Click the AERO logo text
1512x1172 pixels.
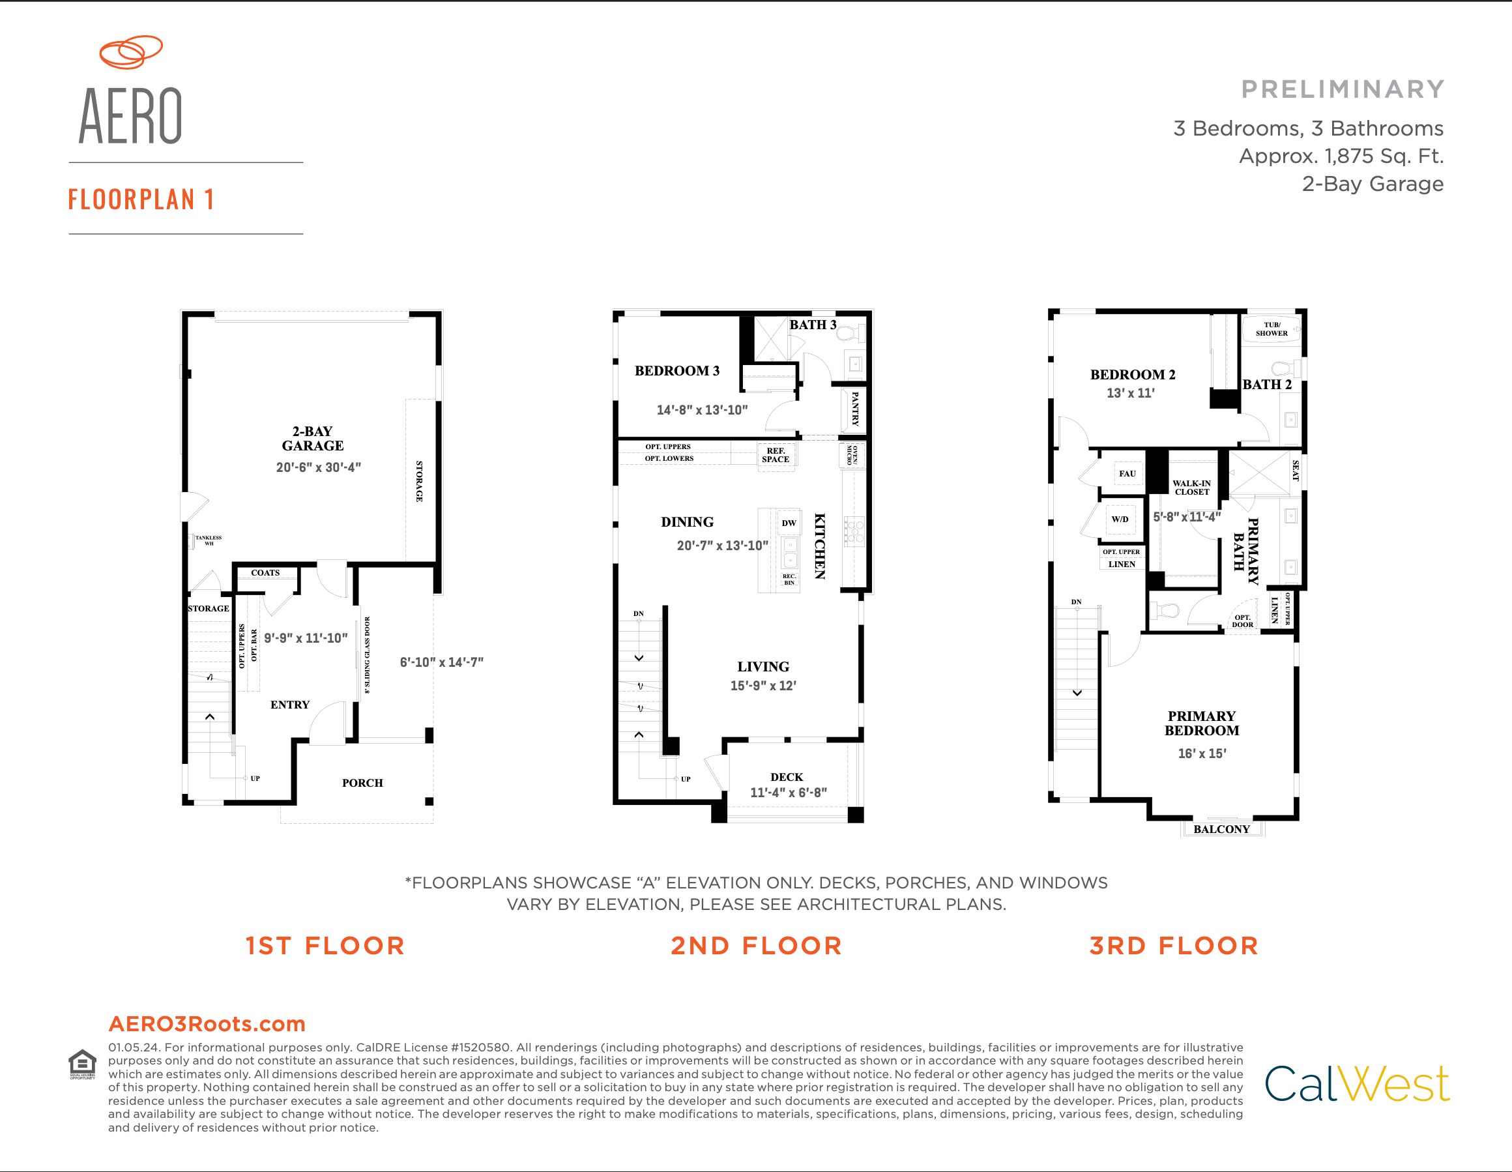point(131,116)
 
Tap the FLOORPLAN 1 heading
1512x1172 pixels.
point(141,199)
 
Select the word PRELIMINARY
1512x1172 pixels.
point(1343,89)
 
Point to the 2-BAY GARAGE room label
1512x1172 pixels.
point(312,438)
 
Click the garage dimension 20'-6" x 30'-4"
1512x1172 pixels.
point(319,467)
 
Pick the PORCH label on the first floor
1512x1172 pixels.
point(362,783)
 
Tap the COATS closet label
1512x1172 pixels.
point(265,572)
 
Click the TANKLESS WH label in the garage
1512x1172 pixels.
point(209,540)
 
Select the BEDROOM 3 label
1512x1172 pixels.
point(677,371)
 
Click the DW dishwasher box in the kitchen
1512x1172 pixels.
point(789,523)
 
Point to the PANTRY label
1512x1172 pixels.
point(854,409)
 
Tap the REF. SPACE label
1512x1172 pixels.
point(776,455)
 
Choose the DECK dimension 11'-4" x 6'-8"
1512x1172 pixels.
point(789,793)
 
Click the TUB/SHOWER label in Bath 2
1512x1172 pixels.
point(1272,329)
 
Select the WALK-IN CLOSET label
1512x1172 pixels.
point(1191,488)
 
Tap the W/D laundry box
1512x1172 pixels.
point(1120,520)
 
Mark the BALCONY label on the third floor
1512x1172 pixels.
point(1222,829)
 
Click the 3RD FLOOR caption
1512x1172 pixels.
point(1174,946)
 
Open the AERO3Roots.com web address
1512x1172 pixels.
point(207,1024)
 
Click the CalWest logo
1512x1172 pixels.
point(1358,1084)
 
